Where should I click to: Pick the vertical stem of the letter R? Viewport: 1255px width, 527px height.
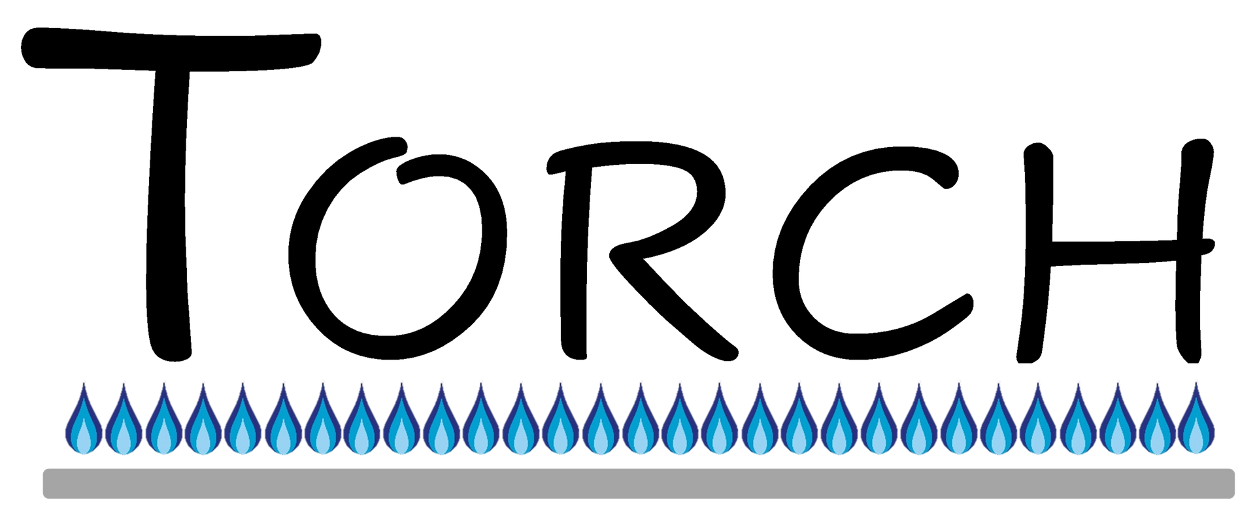coord(575,262)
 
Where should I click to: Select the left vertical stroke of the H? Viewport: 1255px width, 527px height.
coord(1035,252)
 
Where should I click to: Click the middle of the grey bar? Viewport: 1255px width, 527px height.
coord(639,483)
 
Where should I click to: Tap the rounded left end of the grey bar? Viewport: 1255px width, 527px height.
coord(47,483)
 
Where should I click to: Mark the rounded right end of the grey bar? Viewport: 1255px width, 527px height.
coord(1230,483)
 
